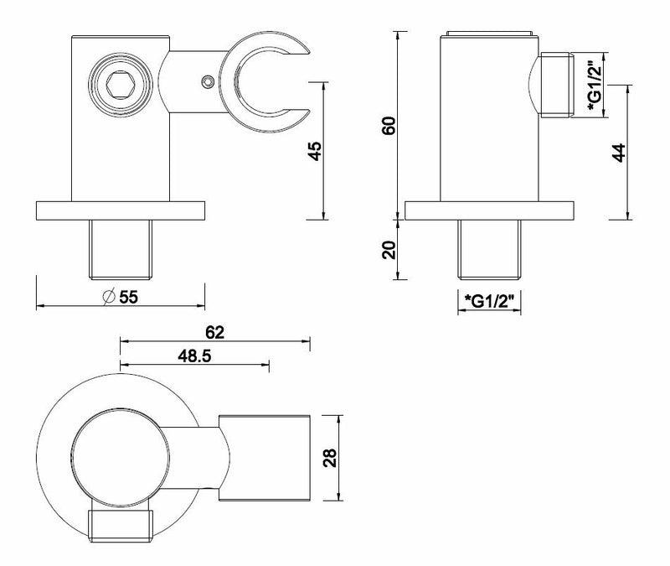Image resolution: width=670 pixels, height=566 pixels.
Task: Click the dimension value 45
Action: [x=314, y=152]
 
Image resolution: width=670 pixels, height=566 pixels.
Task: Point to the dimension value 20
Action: [x=388, y=249]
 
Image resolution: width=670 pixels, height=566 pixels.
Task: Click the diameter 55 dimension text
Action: [x=120, y=296]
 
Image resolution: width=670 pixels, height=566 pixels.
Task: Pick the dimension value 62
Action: [x=215, y=332]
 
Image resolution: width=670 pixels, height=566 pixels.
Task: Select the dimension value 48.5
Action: [x=194, y=356]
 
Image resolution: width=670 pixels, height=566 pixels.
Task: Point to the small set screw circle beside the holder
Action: [x=205, y=81]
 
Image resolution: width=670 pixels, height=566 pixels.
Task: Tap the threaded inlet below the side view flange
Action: [x=490, y=251]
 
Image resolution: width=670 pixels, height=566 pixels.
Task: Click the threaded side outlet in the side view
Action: [x=556, y=87]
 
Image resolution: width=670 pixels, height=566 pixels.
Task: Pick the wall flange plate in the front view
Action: [x=121, y=210]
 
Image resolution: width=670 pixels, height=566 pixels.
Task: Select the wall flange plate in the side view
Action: [x=488, y=210]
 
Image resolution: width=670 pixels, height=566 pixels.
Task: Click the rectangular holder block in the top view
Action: [x=266, y=457]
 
